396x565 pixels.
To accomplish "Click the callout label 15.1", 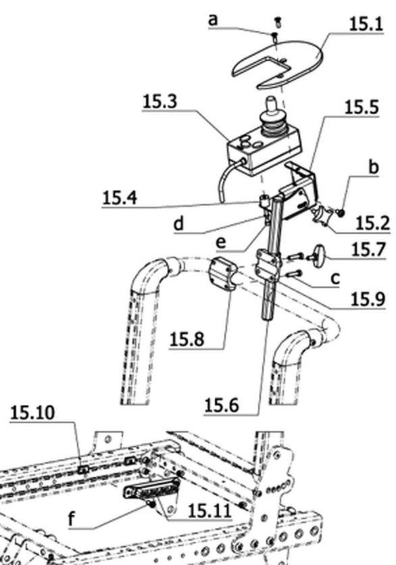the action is [366, 24].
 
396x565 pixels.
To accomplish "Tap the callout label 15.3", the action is [160, 101].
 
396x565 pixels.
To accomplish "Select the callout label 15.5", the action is [362, 107].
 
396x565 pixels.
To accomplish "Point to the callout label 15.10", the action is [32, 412].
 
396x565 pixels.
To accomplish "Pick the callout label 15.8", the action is [187, 339].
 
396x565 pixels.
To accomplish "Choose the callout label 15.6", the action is [221, 406].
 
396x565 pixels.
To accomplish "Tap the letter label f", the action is [72, 519].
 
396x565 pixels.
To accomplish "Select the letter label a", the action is [213, 20].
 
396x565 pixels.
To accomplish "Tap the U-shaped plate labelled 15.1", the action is [278, 63].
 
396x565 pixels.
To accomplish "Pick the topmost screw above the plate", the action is [278, 22].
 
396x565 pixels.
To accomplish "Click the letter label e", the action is [221, 242].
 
